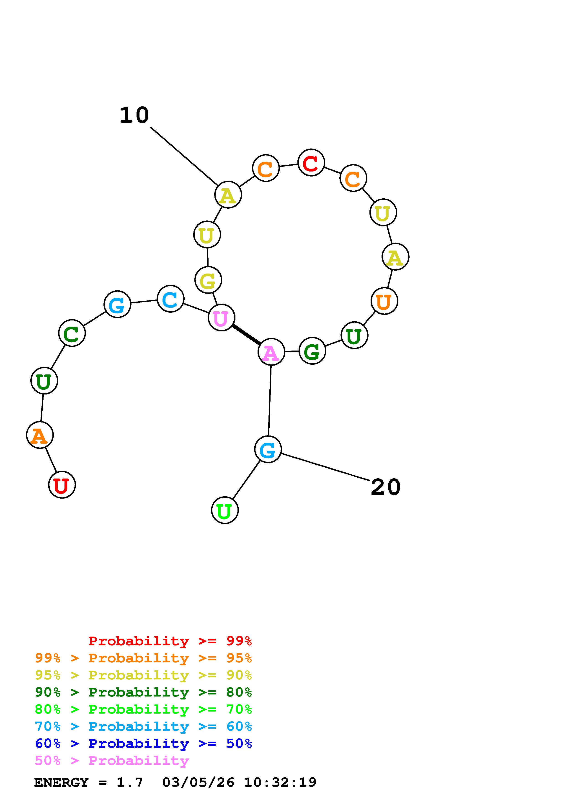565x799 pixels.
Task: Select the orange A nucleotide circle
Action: (x=40, y=435)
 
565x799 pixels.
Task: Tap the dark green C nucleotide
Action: (x=72, y=333)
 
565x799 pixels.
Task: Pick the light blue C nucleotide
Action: (x=170, y=299)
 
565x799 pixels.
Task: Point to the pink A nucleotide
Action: (x=271, y=352)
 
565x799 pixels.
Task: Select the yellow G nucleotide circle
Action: (x=208, y=280)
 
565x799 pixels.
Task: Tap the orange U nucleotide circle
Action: (x=384, y=301)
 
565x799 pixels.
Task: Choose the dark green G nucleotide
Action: (x=312, y=351)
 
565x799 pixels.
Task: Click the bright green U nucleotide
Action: (x=225, y=510)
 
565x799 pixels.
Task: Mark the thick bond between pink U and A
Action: (x=246, y=335)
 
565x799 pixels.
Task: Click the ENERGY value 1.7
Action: (x=129, y=783)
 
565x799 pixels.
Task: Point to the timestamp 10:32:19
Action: (x=280, y=783)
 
